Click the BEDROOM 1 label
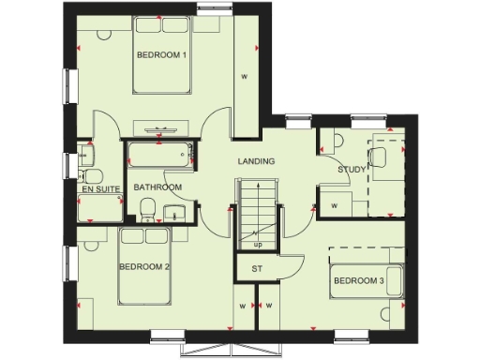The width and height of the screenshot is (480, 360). (x=162, y=55)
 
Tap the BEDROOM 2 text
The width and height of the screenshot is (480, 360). (x=143, y=267)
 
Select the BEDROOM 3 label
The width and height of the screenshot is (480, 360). (x=358, y=281)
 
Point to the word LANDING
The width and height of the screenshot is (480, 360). (x=256, y=161)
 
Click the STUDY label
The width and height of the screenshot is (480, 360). (x=352, y=170)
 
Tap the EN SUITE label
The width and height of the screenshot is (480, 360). (x=100, y=188)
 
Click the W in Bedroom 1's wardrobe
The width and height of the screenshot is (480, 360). (x=244, y=76)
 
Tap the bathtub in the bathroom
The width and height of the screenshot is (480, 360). (x=159, y=157)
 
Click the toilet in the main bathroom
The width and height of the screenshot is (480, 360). (x=150, y=216)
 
